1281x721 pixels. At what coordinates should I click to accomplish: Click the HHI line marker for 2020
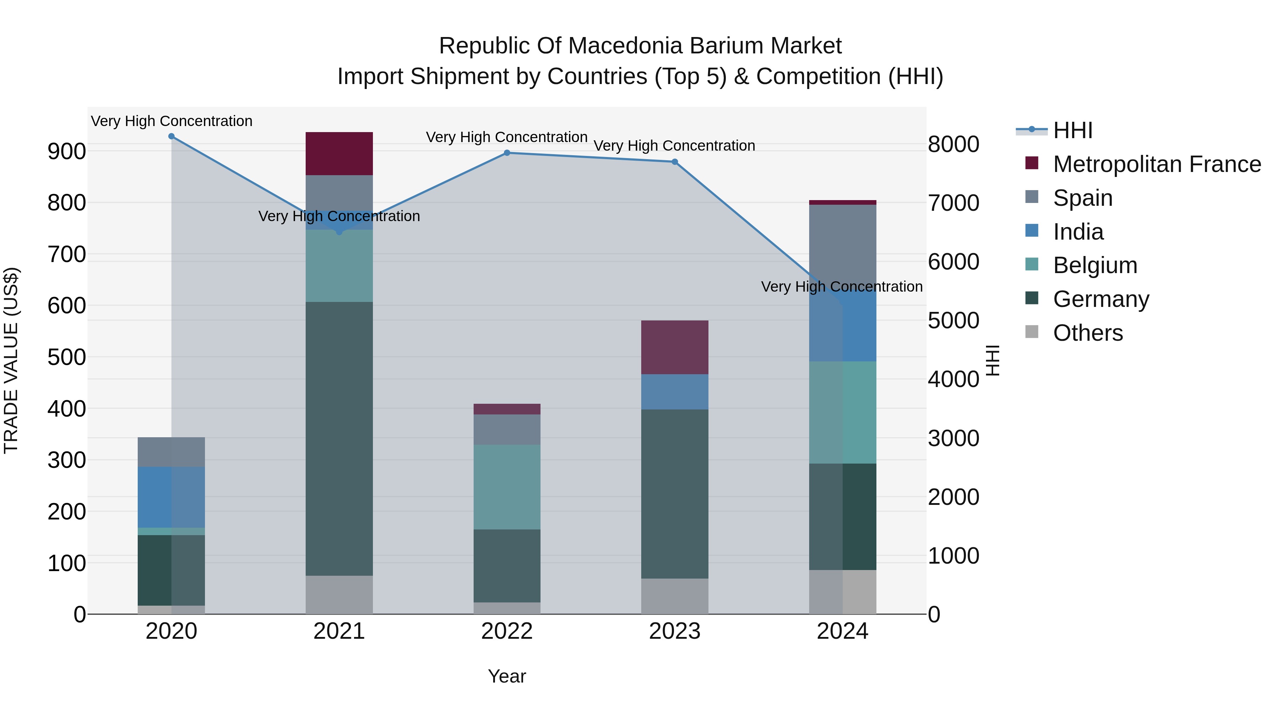click(172, 136)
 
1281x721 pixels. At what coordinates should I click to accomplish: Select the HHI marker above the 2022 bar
click(507, 153)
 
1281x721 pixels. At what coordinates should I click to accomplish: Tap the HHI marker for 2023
click(675, 162)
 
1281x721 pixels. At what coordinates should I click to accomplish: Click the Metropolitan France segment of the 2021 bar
click(339, 154)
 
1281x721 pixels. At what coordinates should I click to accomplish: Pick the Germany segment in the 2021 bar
click(339, 438)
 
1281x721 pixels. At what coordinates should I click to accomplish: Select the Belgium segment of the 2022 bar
click(507, 487)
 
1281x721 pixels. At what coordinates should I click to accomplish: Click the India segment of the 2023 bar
click(675, 392)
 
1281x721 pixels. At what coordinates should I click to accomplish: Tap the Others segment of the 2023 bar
click(675, 596)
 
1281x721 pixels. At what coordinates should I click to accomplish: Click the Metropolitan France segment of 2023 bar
click(675, 347)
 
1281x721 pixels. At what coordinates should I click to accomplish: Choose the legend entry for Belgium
click(1095, 265)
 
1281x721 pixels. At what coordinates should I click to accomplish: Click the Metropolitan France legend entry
click(1157, 164)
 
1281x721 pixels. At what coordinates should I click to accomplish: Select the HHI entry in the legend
click(1072, 130)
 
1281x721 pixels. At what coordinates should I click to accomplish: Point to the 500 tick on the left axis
click(66, 357)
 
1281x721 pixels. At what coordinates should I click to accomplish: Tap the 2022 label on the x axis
click(507, 631)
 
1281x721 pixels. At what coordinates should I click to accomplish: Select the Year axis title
click(507, 676)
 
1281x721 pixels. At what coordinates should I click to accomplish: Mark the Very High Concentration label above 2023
click(674, 146)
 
